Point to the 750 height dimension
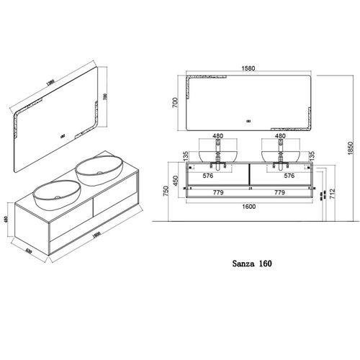pyautogui.click(x=165, y=189)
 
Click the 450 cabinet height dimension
pyautogui.click(x=175, y=180)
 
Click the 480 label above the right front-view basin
pyautogui.click(x=280, y=135)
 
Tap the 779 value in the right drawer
pyautogui.click(x=280, y=192)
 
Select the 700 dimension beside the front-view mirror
pyautogui.click(x=175, y=103)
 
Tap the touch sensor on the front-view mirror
pyautogui.click(x=248, y=120)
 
